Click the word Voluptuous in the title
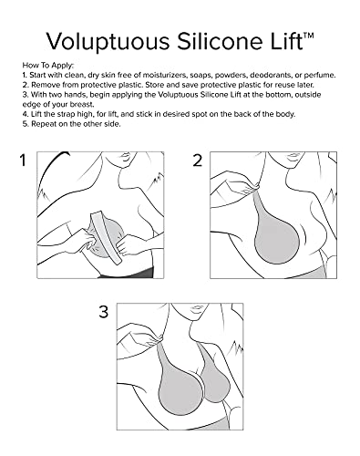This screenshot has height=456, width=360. [x=108, y=42]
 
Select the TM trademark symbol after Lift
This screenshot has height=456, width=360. [x=308, y=36]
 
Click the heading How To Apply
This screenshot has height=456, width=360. [x=48, y=66]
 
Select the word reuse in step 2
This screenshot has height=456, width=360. [x=284, y=85]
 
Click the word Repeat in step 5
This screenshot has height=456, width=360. [x=44, y=124]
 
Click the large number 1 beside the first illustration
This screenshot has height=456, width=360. [x=23, y=161]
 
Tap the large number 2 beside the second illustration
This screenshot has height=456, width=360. [x=198, y=161]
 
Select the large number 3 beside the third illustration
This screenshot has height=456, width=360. [x=104, y=312]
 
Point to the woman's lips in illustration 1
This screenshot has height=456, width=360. [x=127, y=156]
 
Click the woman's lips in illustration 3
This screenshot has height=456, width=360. [x=196, y=309]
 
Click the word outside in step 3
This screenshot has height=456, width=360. [x=308, y=95]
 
